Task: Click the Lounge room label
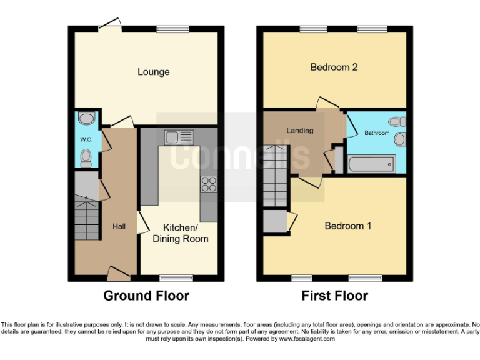click(154, 72)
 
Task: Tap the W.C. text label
click(86, 140)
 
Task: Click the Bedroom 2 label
click(334, 67)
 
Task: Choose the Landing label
click(299, 130)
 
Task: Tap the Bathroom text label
click(377, 133)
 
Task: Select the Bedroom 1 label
click(347, 226)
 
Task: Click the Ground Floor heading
click(146, 296)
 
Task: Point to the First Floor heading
click(334, 296)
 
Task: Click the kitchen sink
click(179, 136)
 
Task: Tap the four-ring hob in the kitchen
click(208, 184)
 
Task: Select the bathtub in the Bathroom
click(370, 164)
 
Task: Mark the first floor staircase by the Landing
click(275, 176)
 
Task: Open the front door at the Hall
click(119, 272)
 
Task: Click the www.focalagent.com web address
click(306, 339)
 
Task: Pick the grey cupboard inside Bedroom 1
click(273, 221)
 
